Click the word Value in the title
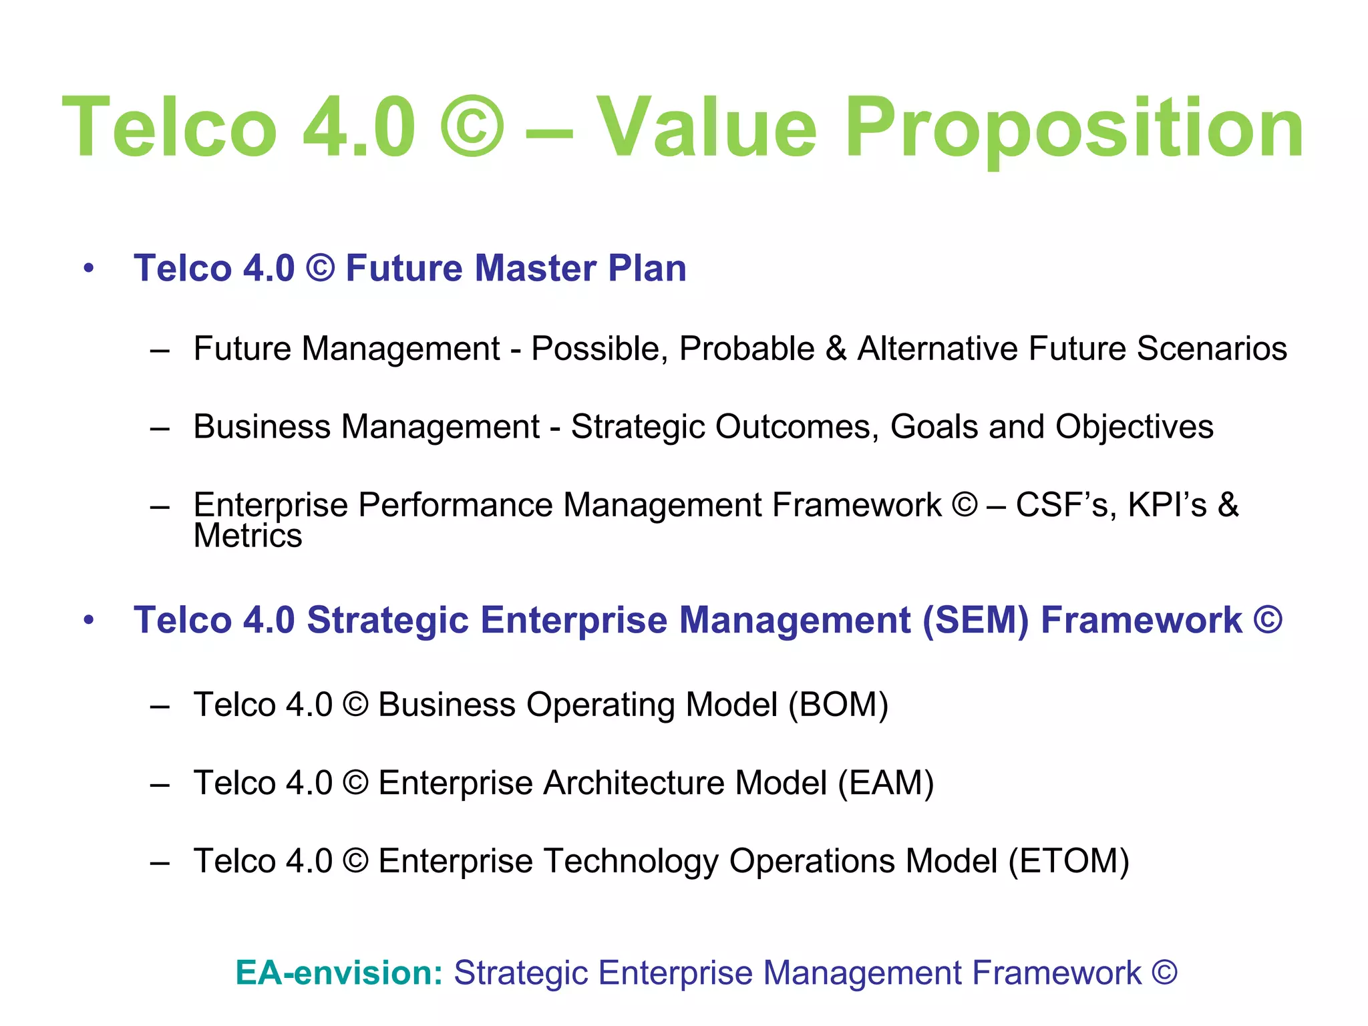(x=706, y=127)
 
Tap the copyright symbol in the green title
(x=472, y=127)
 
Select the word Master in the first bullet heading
(x=535, y=268)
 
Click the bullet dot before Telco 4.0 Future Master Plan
(x=89, y=269)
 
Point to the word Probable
(x=747, y=349)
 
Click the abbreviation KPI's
(x=1167, y=505)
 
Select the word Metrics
(x=248, y=536)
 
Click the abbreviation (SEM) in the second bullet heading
(x=975, y=621)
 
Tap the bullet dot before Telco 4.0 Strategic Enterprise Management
(x=89, y=621)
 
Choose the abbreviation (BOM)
(x=838, y=705)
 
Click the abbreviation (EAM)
(x=886, y=783)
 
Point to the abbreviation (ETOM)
(x=1069, y=861)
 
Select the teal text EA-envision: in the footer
(x=339, y=973)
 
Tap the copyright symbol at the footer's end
(x=1164, y=973)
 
